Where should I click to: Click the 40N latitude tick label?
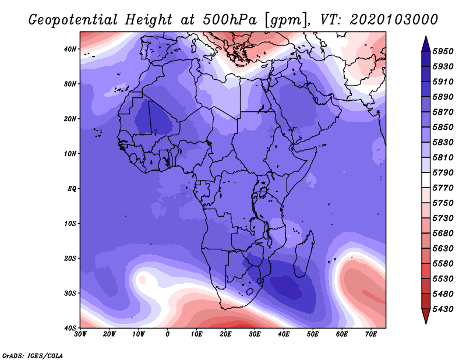point(70,49)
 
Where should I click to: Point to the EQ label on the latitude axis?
point(72,189)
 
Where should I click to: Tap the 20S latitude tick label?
point(70,258)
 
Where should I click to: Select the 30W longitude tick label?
point(80,334)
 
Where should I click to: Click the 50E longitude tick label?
point(313,334)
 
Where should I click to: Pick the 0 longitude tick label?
point(168,334)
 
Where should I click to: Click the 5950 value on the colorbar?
point(443,51)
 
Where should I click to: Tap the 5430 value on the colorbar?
point(443,309)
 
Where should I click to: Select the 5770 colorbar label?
point(443,188)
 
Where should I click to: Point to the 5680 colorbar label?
point(443,234)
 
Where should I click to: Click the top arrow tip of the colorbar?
point(426,36)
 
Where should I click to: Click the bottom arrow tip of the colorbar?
point(426,323)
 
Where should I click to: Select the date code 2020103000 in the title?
point(394,20)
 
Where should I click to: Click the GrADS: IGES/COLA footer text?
point(33,355)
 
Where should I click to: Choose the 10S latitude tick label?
point(70,223)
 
